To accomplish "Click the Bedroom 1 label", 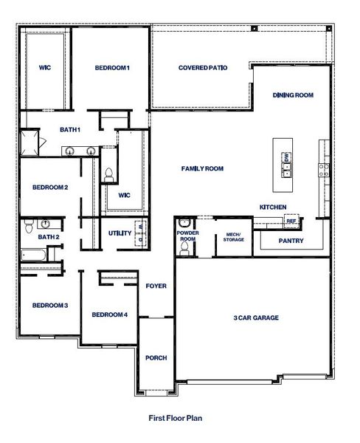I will pos(112,69).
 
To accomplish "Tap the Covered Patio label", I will pos(202,68).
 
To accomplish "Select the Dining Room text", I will pos(293,95).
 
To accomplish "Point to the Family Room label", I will pos(202,169).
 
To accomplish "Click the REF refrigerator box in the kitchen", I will pos(291,221).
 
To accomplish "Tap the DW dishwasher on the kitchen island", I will pos(285,157).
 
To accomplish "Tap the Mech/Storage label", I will pos(234,238).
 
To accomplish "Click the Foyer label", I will pos(156,286).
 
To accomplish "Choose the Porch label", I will pos(156,358).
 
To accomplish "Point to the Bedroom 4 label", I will pos(110,315).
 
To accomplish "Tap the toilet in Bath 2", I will pos(46,224).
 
